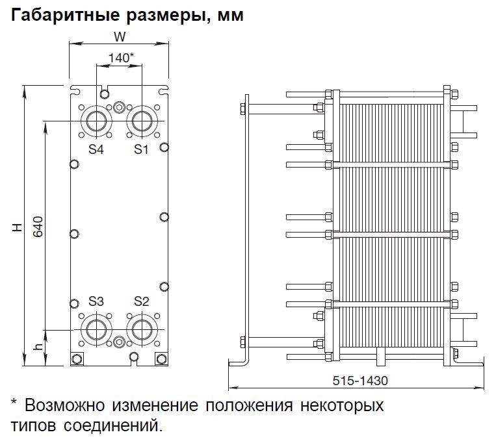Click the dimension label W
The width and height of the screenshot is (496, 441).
click(120, 37)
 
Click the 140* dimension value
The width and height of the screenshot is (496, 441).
click(121, 58)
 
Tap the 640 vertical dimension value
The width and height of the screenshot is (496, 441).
click(38, 227)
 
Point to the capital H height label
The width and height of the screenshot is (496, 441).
click(18, 227)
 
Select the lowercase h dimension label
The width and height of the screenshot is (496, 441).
click(38, 346)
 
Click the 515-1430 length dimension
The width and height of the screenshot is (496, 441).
click(360, 381)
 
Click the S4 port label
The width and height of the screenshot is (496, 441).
click(96, 149)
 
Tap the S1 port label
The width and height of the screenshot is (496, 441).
click(141, 149)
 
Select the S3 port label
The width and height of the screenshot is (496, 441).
click(96, 301)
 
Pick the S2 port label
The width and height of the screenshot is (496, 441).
click(142, 301)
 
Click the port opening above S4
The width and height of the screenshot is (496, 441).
click(96, 121)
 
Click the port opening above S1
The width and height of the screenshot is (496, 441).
click(142, 121)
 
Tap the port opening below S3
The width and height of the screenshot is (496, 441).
click(96, 329)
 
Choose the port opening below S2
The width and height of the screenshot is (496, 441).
click(142, 329)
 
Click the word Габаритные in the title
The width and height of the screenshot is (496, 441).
click(66, 15)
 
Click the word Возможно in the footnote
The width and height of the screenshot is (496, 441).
click(64, 405)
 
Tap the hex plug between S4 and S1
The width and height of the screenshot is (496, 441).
click(119, 107)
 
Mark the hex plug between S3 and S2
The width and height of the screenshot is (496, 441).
click(119, 342)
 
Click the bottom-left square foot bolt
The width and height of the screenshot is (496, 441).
click(77, 359)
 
